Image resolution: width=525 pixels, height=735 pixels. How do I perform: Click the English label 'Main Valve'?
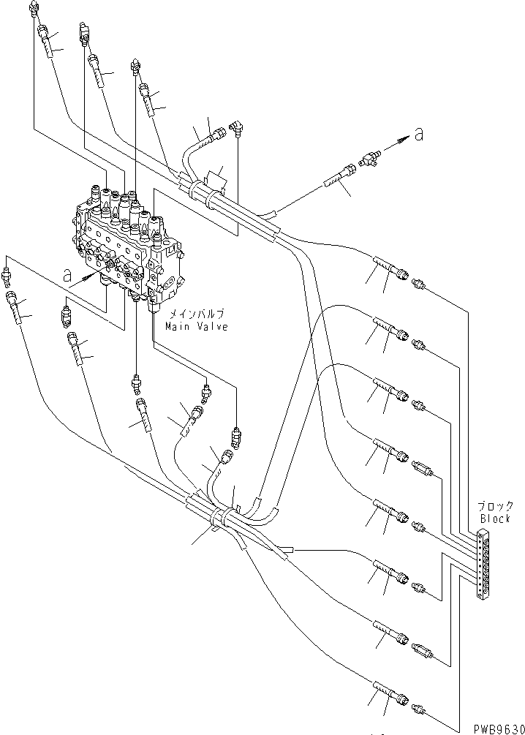195,327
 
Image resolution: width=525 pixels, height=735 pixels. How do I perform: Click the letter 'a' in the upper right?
418,134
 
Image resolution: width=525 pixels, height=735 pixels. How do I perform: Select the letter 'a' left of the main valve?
67,275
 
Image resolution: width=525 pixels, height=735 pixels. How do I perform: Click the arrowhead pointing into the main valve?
93,276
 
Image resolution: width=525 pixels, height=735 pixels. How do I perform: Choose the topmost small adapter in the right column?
419,283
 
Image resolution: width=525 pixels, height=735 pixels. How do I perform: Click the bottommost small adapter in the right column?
418,706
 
